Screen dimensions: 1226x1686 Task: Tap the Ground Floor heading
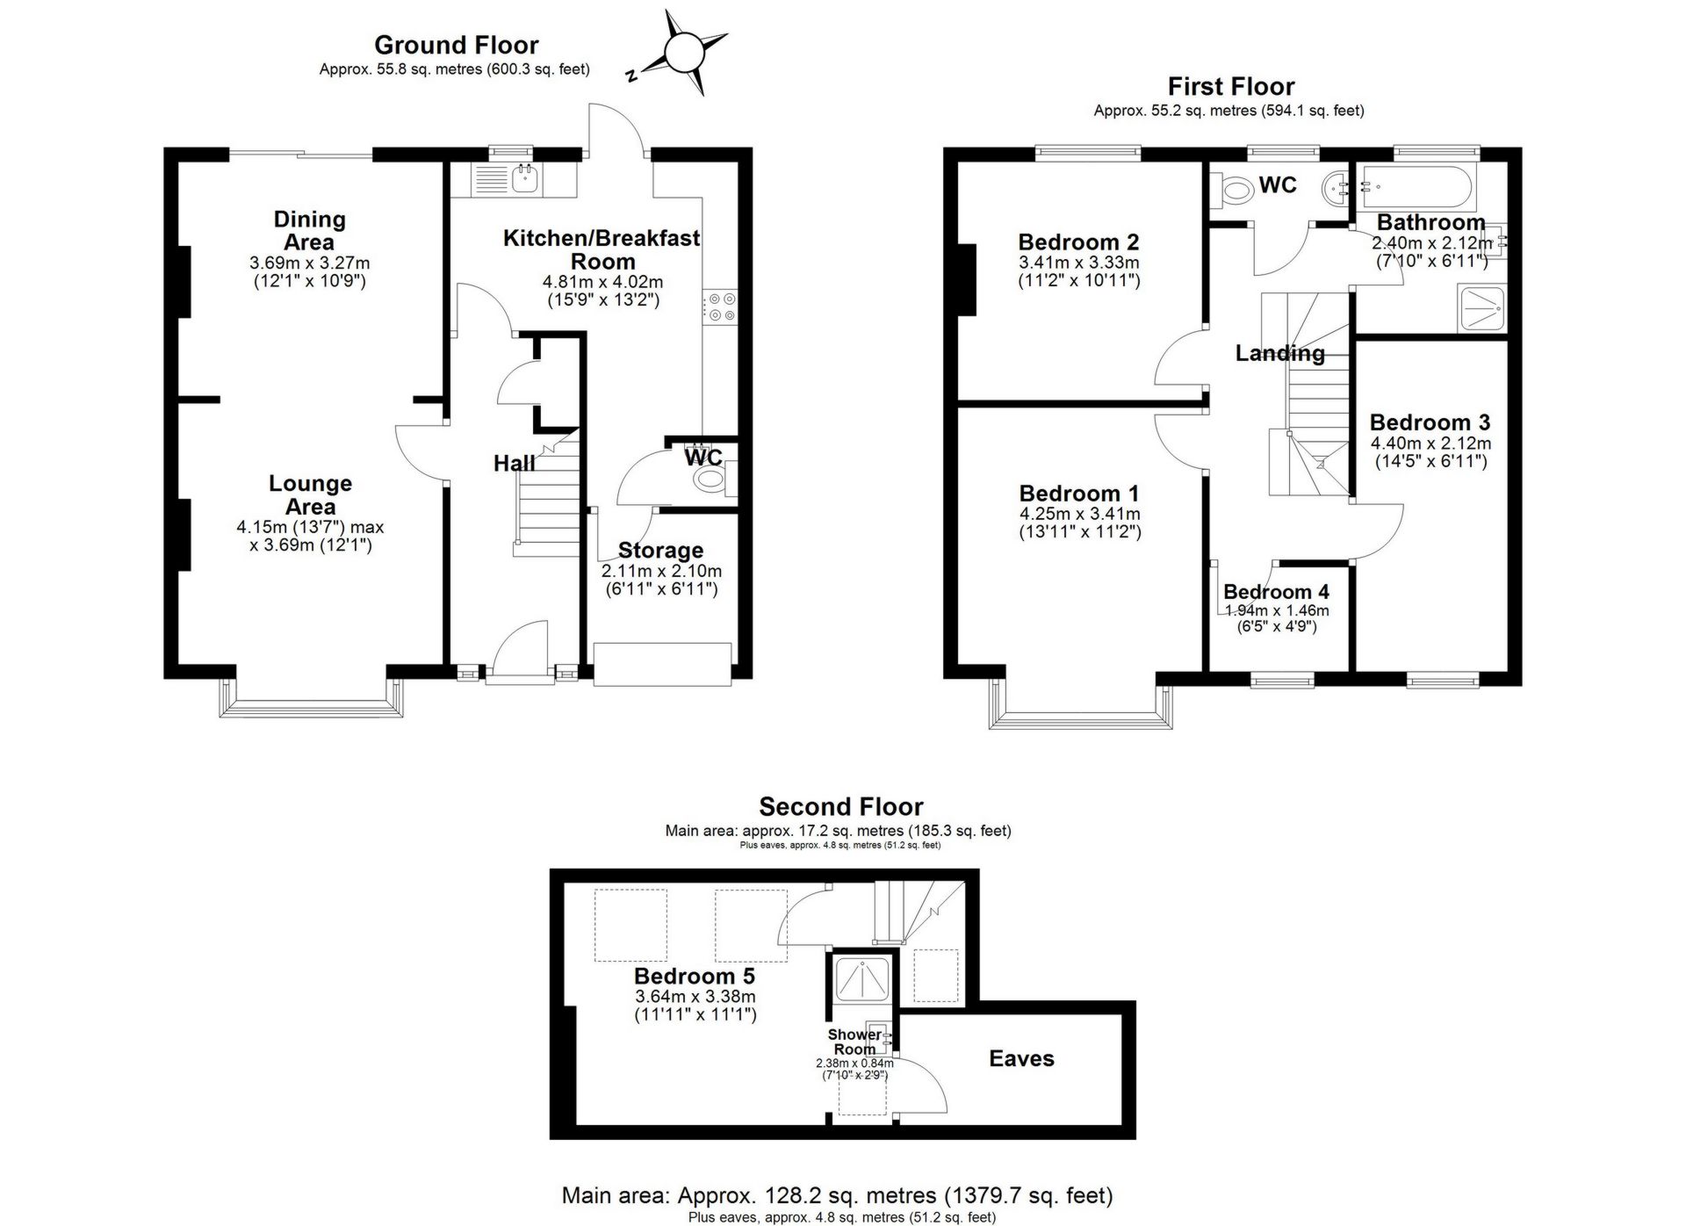click(x=456, y=45)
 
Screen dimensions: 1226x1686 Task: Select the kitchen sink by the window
click(x=526, y=179)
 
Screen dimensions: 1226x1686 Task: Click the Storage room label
click(x=660, y=551)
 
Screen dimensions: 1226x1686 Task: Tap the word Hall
click(x=514, y=463)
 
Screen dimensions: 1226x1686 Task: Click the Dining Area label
click(x=309, y=230)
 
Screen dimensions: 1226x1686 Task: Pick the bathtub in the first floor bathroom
click(x=1416, y=186)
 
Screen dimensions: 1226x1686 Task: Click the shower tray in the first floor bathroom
click(x=1481, y=308)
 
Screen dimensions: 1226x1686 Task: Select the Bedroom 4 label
click(x=1275, y=592)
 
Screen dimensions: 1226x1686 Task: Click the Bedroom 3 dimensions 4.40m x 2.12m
click(x=1430, y=444)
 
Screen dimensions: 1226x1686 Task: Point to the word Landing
click(x=1279, y=353)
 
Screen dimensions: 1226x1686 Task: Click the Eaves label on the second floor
click(x=1020, y=1058)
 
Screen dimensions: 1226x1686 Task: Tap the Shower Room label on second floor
click(x=854, y=1042)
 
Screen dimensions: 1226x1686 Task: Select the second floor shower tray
click(x=862, y=980)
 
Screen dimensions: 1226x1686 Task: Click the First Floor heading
click(x=1230, y=86)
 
